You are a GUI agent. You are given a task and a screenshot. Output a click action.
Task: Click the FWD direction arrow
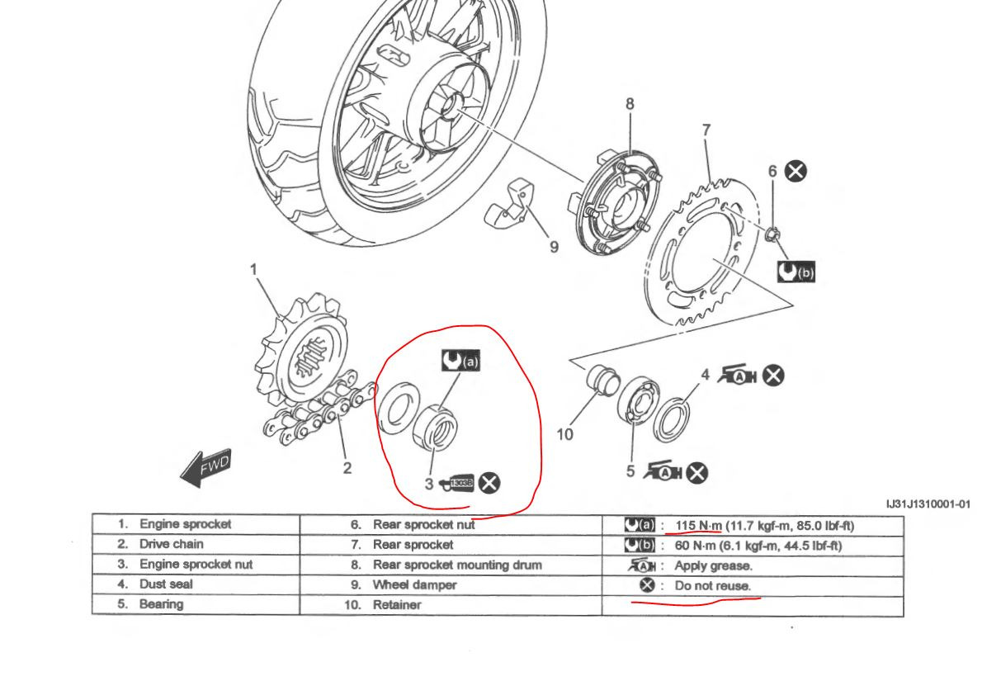pyautogui.click(x=205, y=467)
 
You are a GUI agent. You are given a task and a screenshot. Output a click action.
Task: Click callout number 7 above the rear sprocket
pyautogui.click(x=706, y=131)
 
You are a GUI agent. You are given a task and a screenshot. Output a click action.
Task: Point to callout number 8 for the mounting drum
pyautogui.click(x=630, y=104)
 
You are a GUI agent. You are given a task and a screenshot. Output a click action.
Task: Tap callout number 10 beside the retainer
pyautogui.click(x=564, y=434)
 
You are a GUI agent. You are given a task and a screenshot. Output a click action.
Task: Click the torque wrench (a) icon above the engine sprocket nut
pyautogui.click(x=460, y=360)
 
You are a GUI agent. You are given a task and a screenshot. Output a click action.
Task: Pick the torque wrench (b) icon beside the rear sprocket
pyautogui.click(x=796, y=272)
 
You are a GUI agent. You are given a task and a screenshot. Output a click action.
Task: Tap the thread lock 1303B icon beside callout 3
pyautogui.click(x=457, y=483)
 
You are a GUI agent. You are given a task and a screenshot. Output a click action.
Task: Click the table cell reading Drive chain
pyautogui.click(x=172, y=545)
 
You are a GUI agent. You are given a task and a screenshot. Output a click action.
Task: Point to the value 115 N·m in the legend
pyautogui.click(x=698, y=526)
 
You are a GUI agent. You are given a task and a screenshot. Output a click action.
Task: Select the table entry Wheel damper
pyautogui.click(x=415, y=585)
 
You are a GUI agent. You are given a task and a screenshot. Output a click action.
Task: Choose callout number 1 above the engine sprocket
pyautogui.click(x=254, y=269)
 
